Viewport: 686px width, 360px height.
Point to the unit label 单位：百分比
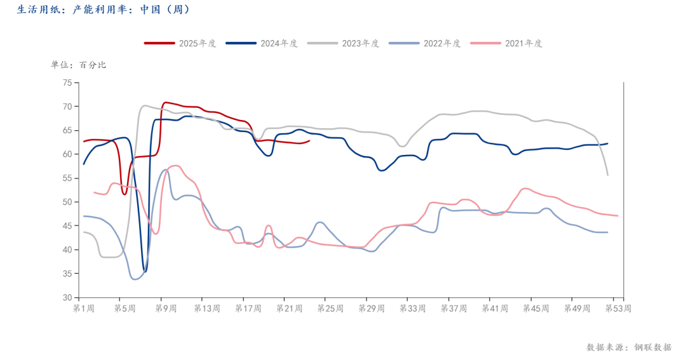point(79,65)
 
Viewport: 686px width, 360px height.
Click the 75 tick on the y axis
point(67,83)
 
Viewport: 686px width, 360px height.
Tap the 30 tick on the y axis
point(67,297)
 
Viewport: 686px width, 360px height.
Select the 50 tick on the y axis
point(67,202)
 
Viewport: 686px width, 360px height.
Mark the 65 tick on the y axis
point(67,130)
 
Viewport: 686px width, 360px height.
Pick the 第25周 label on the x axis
point(330,309)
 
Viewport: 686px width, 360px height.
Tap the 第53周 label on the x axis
point(618,309)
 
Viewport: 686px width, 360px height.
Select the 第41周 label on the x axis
point(495,309)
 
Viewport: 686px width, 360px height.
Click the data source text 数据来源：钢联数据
point(628,347)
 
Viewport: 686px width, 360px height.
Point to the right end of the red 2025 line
point(310,141)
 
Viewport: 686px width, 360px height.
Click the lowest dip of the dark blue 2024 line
point(145,272)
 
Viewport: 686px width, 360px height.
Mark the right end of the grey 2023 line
point(609,175)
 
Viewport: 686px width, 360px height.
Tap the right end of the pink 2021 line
point(617,216)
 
